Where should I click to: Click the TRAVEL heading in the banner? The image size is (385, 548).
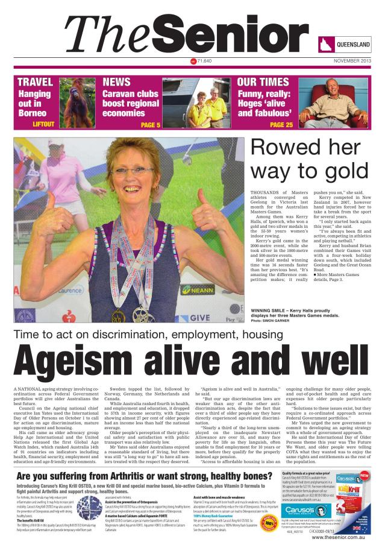[x=35, y=82]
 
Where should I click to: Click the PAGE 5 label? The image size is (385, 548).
[x=150, y=125]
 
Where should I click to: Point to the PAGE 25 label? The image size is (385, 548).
[x=281, y=125]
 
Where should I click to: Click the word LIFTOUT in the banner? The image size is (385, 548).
[x=43, y=124]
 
